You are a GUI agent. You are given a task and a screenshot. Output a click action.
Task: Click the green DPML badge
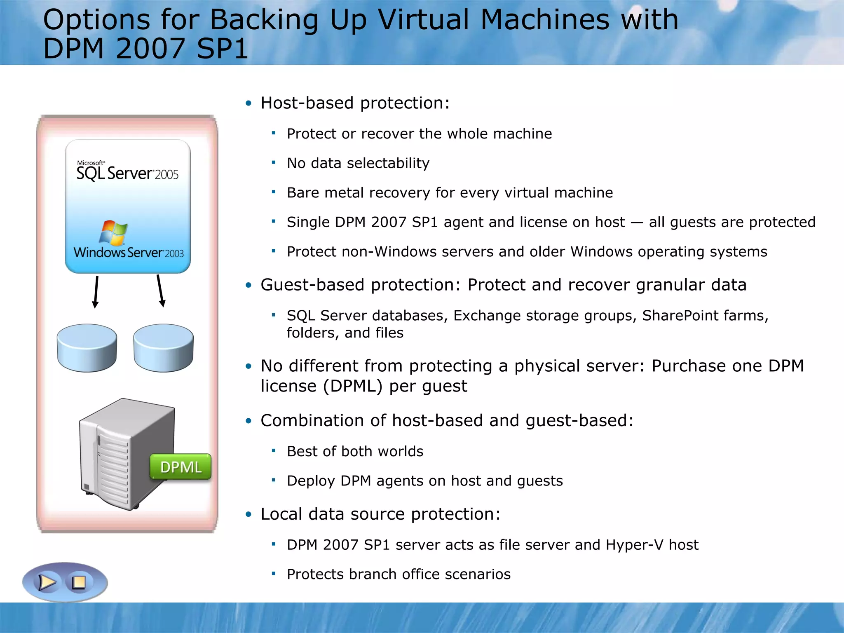point(181,467)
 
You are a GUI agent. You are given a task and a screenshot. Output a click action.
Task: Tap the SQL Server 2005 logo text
point(127,172)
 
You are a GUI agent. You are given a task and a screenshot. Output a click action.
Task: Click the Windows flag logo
point(113,232)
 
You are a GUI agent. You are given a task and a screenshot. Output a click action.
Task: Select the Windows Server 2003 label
point(129,252)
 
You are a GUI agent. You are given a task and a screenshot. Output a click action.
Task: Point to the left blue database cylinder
point(87,348)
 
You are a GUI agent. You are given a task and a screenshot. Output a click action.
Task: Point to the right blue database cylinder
point(164,348)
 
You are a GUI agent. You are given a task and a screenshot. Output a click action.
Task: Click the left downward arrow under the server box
point(96,292)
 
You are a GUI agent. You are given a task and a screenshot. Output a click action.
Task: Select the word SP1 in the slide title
point(223,49)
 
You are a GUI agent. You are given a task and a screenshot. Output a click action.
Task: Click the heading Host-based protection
point(355,103)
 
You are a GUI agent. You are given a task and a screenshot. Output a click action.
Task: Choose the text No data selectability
point(358,163)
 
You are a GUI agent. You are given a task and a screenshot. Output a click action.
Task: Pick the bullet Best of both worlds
point(355,451)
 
